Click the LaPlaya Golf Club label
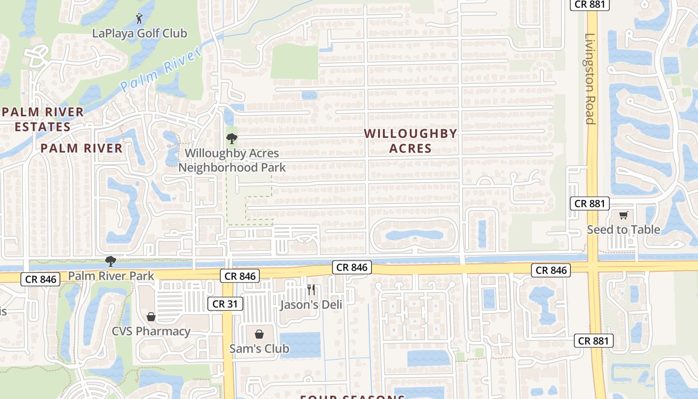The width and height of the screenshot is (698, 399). [140, 33]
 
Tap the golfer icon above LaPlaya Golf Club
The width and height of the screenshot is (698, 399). [139, 19]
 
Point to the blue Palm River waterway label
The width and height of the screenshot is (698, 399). [161, 70]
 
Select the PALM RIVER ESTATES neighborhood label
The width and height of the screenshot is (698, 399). [42, 119]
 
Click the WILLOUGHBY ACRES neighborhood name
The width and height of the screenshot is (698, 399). [410, 141]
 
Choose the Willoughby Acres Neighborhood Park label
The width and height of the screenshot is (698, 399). [232, 160]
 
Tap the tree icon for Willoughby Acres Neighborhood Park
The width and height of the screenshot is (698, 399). [232, 139]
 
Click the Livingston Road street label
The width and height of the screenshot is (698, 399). [590, 79]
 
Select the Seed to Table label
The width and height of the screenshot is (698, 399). [623, 229]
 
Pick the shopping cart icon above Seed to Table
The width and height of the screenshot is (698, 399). [623, 215]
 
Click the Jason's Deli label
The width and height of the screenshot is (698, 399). [311, 304]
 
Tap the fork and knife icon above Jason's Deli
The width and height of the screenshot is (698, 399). [311, 290]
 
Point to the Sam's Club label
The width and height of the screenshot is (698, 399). [259, 348]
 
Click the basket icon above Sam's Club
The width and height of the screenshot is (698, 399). [259, 334]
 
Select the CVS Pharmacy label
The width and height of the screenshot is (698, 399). [151, 331]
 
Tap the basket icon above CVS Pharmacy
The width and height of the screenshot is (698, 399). [151, 317]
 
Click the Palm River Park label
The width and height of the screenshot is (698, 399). [111, 275]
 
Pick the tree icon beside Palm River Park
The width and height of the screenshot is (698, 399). [110, 261]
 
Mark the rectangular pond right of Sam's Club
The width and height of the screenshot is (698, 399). [300, 344]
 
